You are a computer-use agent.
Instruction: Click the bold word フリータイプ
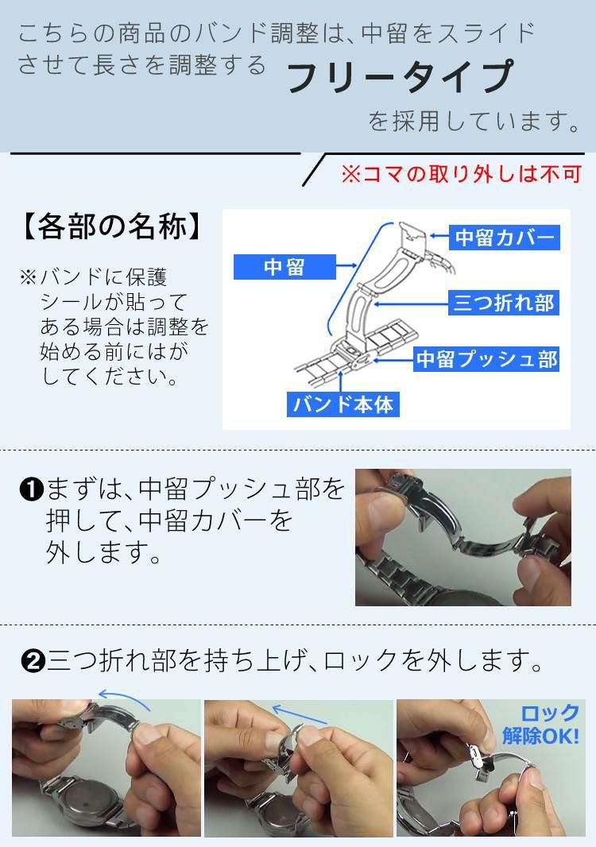pos(400,78)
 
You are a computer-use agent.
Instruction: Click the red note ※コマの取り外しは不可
pos(461,174)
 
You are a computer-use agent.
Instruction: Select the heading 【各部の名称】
pos(107,228)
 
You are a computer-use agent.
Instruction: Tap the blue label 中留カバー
pos(503,238)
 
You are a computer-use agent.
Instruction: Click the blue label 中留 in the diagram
pos(284,267)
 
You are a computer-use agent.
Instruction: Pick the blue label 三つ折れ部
pos(503,303)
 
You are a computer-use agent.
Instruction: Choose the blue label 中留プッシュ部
pos(486,359)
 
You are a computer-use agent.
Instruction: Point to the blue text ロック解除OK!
pos(543,724)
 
